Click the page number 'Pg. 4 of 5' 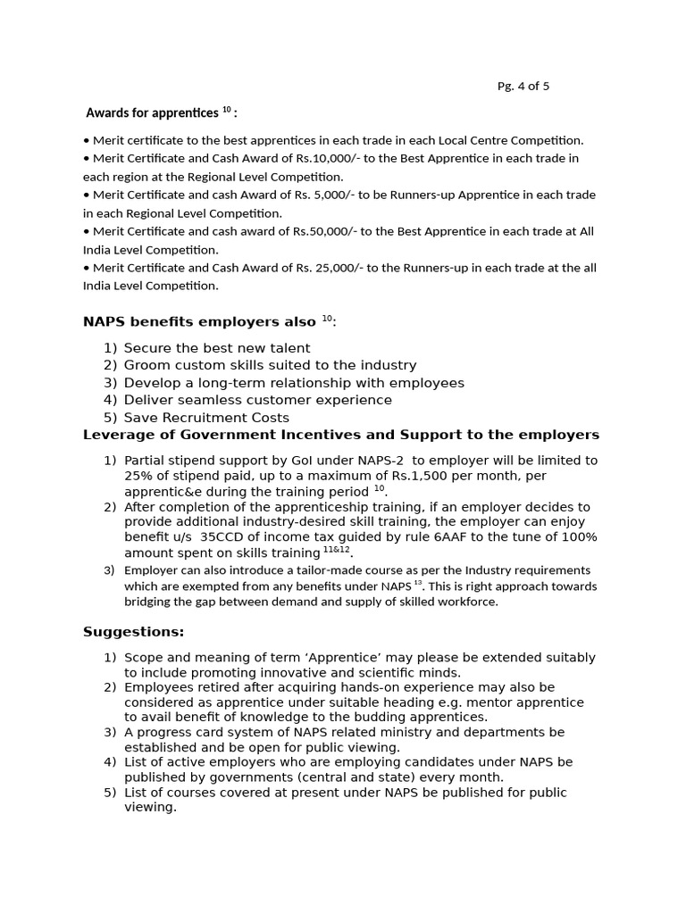pyautogui.click(x=523, y=87)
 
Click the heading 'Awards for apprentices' pyautogui.click(x=152, y=113)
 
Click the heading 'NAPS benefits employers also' pyautogui.click(x=199, y=321)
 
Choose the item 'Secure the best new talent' pyautogui.click(x=217, y=348)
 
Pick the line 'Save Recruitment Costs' pyautogui.click(x=206, y=418)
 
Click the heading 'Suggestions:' pyautogui.click(x=133, y=632)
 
